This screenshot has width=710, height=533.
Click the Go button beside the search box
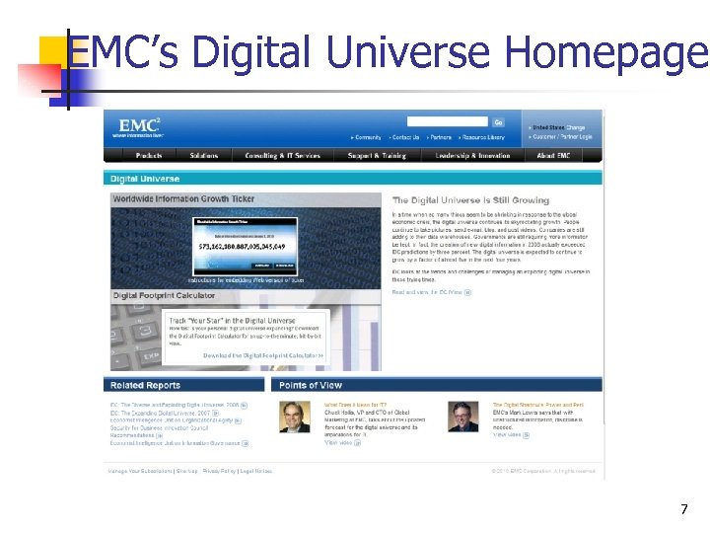click(x=499, y=122)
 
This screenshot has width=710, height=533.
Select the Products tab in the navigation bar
click(x=149, y=156)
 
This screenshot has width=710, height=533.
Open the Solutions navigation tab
click(x=204, y=156)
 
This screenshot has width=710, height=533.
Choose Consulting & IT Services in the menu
click(x=282, y=156)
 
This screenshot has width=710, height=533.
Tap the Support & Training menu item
click(x=377, y=156)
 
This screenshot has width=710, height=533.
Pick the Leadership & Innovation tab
click(x=472, y=156)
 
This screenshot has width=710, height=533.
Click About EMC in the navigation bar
click(x=553, y=156)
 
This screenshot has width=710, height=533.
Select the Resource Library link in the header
click(x=483, y=138)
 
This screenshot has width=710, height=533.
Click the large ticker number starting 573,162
click(x=242, y=246)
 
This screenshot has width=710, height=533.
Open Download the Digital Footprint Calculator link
click(x=263, y=355)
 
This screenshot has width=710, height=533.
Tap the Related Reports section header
click(x=146, y=385)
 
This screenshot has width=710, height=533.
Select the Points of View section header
click(x=311, y=385)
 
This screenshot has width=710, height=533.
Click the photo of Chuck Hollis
click(x=295, y=418)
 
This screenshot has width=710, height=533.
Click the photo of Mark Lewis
click(x=463, y=418)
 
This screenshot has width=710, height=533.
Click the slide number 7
click(x=683, y=510)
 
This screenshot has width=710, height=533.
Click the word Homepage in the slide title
click(x=618, y=52)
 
